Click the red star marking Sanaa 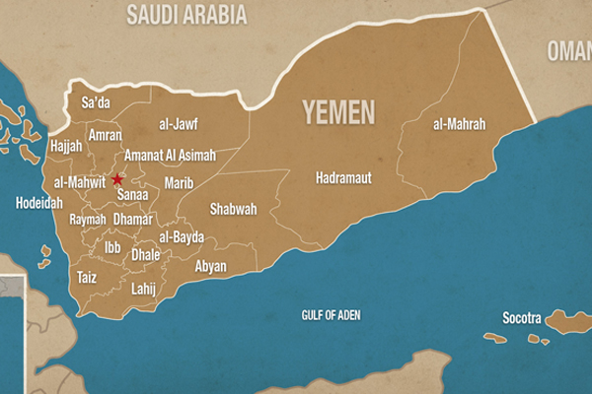[x=117, y=179]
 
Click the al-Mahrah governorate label [x=459, y=125]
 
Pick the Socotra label [x=522, y=318]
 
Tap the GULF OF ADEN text [x=333, y=315]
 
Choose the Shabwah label [x=233, y=209]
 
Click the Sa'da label [x=96, y=102]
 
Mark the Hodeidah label [x=39, y=203]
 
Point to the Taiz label [x=87, y=278]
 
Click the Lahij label [x=145, y=289]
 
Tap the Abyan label [x=210, y=267]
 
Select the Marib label [x=179, y=183]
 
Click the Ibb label [x=112, y=248]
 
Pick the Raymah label [x=88, y=219]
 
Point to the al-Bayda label [x=182, y=237]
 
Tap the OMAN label [x=570, y=49]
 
